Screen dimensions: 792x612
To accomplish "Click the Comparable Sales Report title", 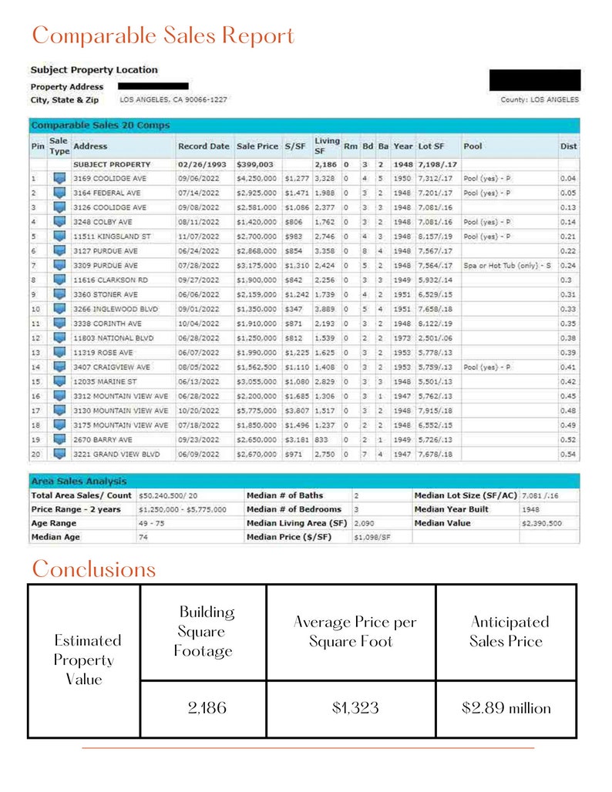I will pos(163,35).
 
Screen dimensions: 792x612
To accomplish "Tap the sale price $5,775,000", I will pos(257,411).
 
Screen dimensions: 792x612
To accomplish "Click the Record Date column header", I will pos(203,146).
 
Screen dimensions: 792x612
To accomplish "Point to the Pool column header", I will pos(472,146).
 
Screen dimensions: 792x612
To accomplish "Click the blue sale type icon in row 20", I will pos(59,455).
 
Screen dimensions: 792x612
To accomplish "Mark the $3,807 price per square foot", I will pos(296,411).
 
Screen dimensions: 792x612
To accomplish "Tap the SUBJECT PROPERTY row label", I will pos(112,165).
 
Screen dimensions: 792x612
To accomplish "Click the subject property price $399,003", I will pos(254,165).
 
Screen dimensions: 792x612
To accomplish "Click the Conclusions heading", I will pos(93,569).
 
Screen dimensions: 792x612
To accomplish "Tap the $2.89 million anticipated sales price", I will pos(506,708).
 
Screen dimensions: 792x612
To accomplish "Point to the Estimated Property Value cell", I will pos(84,659).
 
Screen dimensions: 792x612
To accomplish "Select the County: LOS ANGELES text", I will pos(540,100).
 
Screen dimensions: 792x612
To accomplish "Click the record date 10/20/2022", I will pos(203,411).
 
